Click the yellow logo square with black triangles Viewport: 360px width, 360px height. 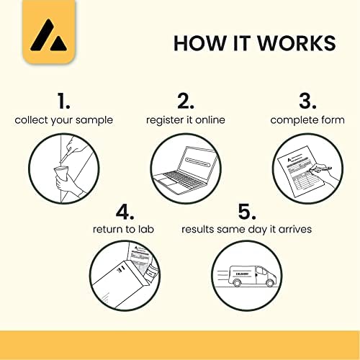pyautogui.click(x=49, y=32)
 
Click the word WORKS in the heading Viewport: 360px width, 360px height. pyautogui.click(x=297, y=43)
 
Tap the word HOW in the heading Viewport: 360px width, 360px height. pyautogui.click(x=200, y=43)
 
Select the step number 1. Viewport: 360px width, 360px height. pyautogui.click(x=63, y=101)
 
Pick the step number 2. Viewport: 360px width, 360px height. pyautogui.click(x=186, y=101)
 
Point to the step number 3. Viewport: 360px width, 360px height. pyautogui.click(x=307, y=101)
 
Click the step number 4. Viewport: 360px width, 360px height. pyautogui.click(x=125, y=212)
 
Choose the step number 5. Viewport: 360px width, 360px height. pyautogui.click(x=247, y=212)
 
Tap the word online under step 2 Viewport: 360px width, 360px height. pyautogui.click(x=210, y=120)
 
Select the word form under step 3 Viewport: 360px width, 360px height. pyautogui.click(x=333, y=120)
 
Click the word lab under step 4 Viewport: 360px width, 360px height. pyautogui.click(x=146, y=229)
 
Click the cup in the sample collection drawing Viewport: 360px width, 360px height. pyautogui.click(x=61, y=174)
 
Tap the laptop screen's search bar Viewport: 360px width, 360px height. pyautogui.click(x=198, y=162)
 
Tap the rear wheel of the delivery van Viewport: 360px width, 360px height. pyautogui.click(x=237, y=283)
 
